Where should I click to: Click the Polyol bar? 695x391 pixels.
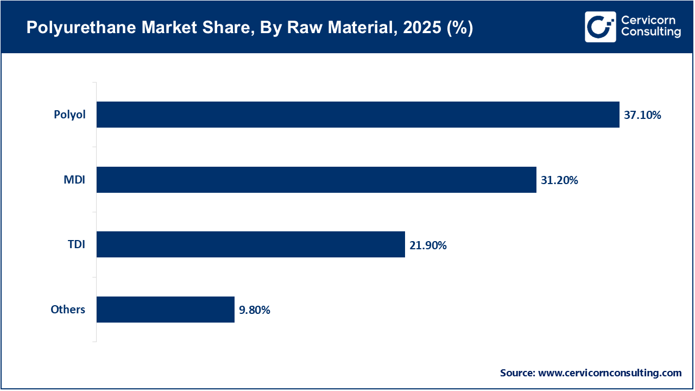click(x=358, y=115)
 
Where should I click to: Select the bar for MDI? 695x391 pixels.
click(x=316, y=180)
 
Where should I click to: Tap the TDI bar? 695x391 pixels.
click(x=250, y=244)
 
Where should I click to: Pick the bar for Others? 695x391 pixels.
click(x=165, y=310)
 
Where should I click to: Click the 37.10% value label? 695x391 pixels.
click(x=642, y=115)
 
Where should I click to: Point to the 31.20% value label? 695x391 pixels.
click(x=559, y=180)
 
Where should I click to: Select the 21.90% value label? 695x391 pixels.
click(x=428, y=245)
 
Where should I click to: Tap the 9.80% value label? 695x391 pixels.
click(x=255, y=310)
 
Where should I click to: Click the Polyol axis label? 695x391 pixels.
click(x=69, y=115)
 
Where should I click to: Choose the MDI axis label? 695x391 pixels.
click(x=74, y=180)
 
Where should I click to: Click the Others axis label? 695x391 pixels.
click(x=68, y=310)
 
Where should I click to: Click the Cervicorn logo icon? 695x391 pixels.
click(x=600, y=27)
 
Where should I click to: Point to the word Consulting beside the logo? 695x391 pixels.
click(x=650, y=33)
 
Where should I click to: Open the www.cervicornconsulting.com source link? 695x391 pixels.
click(x=610, y=373)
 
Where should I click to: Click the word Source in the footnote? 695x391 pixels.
click(x=517, y=373)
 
